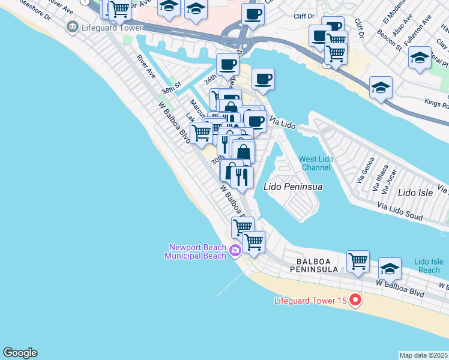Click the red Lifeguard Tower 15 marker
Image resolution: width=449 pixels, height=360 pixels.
(x=355, y=299)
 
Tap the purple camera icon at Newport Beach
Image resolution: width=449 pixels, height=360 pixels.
(x=236, y=250)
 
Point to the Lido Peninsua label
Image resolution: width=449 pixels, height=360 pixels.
(x=293, y=187)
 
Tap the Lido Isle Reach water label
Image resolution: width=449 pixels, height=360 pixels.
(x=429, y=266)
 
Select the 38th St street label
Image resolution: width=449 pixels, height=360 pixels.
(x=171, y=89)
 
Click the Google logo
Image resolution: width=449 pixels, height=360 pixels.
(x=20, y=353)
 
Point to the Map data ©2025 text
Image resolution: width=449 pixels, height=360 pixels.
(x=423, y=355)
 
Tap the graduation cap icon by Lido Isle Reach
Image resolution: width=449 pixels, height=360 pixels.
(x=390, y=269)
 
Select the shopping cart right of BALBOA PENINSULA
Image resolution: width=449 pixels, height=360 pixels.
(x=358, y=261)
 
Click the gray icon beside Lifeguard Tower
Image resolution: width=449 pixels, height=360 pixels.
(x=73, y=27)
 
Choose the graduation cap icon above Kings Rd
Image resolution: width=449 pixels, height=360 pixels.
(x=381, y=88)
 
